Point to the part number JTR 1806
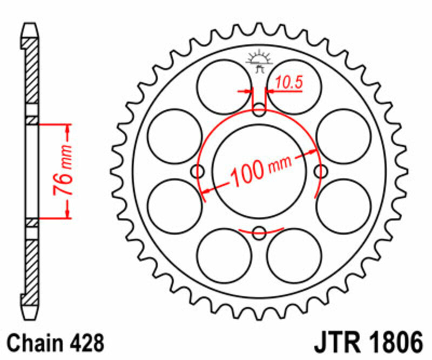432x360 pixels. [367, 343]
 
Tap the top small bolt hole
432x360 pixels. [260, 111]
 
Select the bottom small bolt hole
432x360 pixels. [260, 234]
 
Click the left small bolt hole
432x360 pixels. [199, 172]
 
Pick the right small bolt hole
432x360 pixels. [321, 172]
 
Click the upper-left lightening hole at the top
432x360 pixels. [224, 86]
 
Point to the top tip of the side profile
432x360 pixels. [32, 25]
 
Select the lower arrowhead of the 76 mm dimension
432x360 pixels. [68, 214]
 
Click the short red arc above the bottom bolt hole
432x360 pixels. [260, 230]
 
